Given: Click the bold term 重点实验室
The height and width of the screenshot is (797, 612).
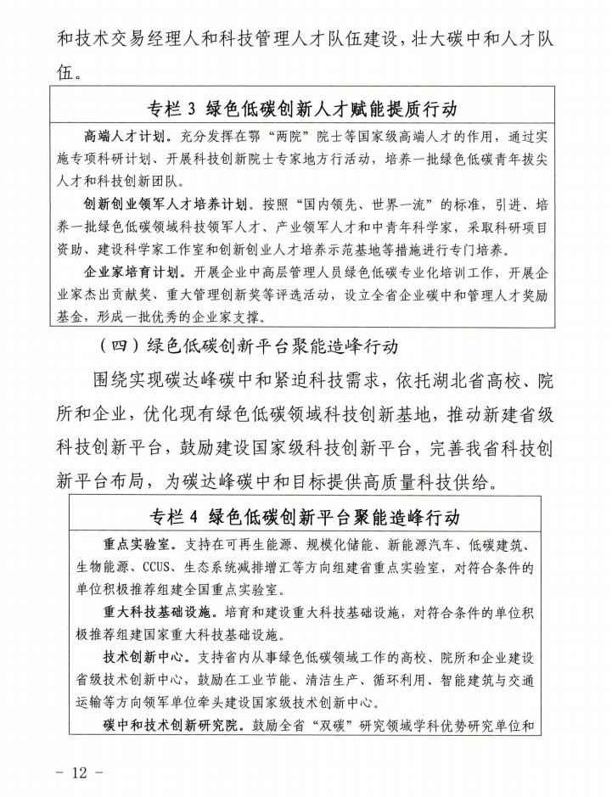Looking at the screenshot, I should pyautogui.click(x=131, y=542).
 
